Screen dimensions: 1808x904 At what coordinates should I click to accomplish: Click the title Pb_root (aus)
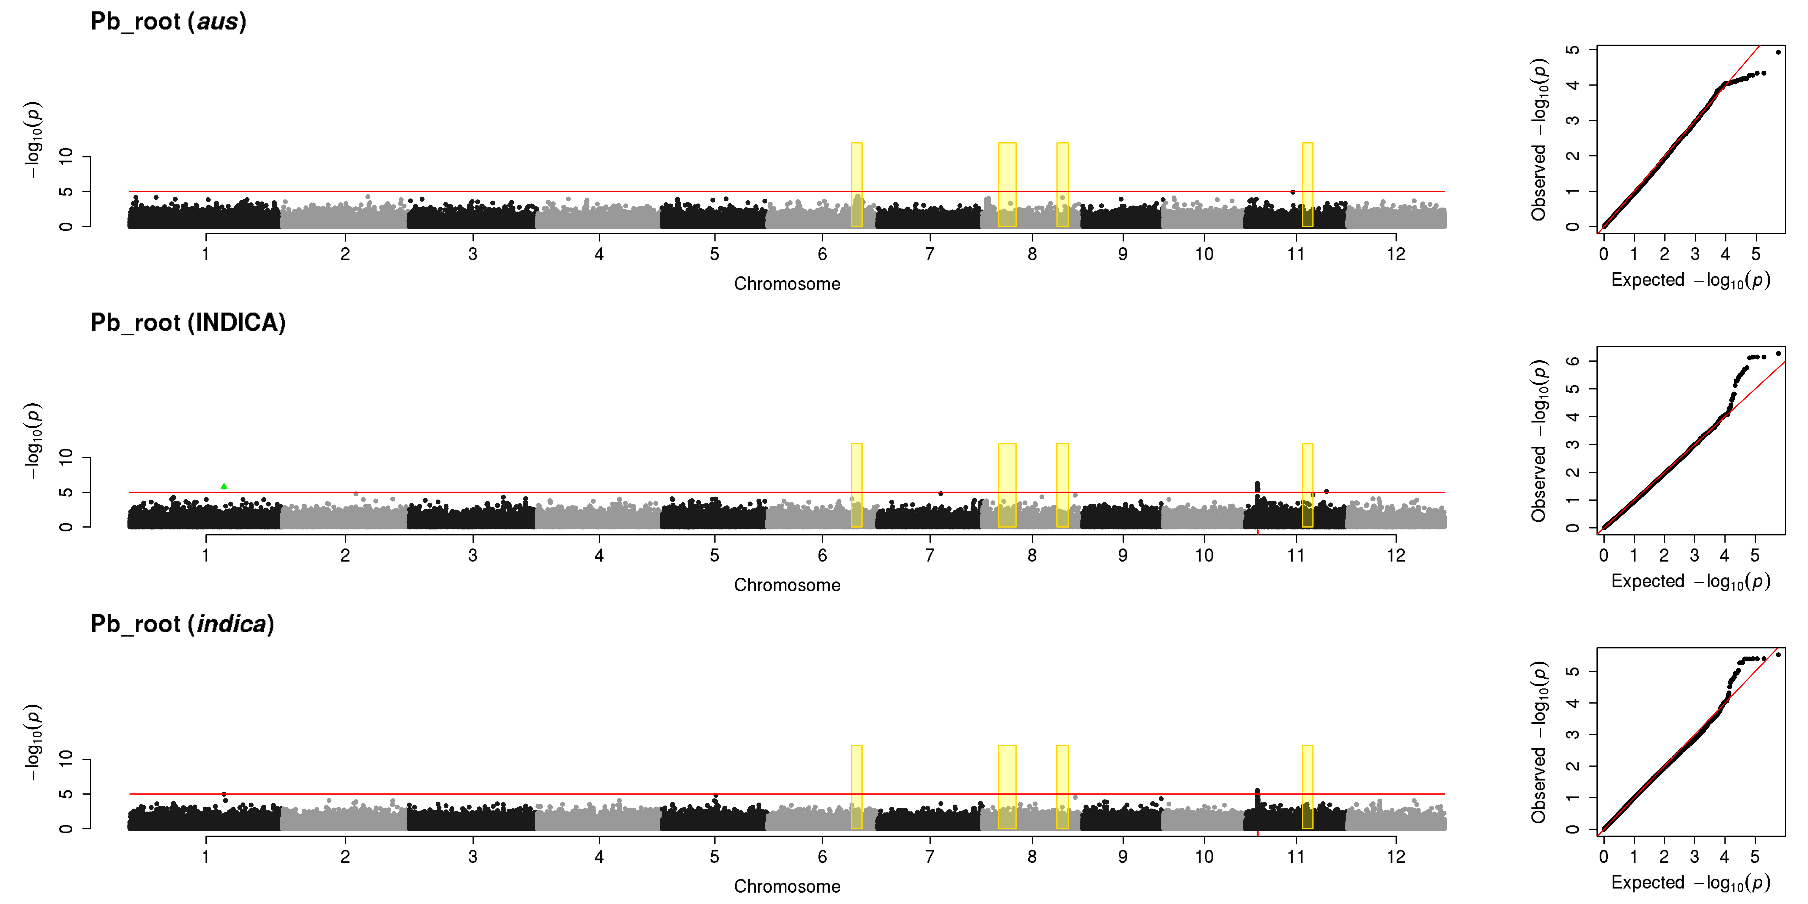(x=168, y=22)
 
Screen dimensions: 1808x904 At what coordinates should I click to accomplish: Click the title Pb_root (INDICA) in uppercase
(x=188, y=323)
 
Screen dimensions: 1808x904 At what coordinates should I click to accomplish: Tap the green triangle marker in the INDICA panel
(x=224, y=486)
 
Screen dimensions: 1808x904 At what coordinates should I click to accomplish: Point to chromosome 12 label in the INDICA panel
(x=1396, y=555)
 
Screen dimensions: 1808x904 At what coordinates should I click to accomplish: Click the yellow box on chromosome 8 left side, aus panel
(x=1006, y=185)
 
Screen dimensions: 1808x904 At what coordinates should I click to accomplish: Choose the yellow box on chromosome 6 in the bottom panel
(x=856, y=787)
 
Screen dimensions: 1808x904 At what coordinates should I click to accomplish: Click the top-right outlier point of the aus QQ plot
(x=1778, y=52)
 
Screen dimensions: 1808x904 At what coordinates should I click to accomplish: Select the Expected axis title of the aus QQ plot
(x=1690, y=280)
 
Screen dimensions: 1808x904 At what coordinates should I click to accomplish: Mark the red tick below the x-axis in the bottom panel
(x=1257, y=833)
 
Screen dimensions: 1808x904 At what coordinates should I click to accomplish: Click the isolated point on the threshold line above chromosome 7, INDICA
(x=941, y=493)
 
